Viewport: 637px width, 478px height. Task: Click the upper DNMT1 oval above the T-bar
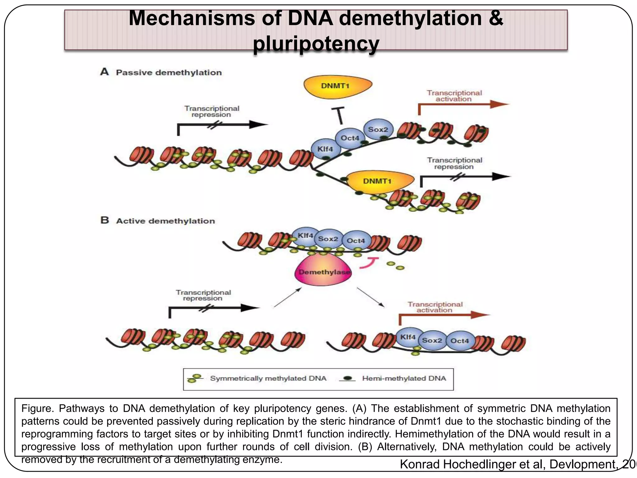pyautogui.click(x=337, y=86)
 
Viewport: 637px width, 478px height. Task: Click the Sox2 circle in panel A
pyautogui.click(x=378, y=129)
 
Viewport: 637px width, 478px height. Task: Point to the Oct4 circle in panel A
pyautogui.click(x=350, y=138)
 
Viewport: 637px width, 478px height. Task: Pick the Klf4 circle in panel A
pyautogui.click(x=325, y=149)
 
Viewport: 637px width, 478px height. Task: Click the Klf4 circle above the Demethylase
pyautogui.click(x=305, y=236)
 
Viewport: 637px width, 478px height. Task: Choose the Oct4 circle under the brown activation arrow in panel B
pyautogui.click(x=460, y=341)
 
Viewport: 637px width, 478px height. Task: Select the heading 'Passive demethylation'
pyautogui.click(x=169, y=73)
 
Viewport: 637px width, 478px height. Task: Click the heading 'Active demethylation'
pyautogui.click(x=165, y=221)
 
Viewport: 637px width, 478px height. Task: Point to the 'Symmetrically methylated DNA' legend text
pyautogui.click(x=268, y=378)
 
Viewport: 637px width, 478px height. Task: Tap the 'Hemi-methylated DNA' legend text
pyautogui.click(x=404, y=378)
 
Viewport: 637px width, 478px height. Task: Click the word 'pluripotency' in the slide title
pyautogui.click(x=316, y=44)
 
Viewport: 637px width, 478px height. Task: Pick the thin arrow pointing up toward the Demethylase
pyautogui.click(x=288, y=298)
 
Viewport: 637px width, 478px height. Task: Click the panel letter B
pyautogui.click(x=105, y=220)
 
